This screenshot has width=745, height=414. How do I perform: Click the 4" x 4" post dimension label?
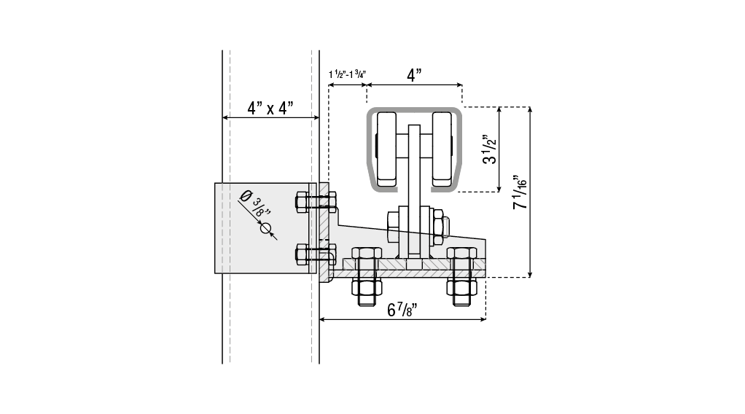(x=270, y=109)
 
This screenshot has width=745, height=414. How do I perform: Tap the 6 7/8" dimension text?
(x=402, y=310)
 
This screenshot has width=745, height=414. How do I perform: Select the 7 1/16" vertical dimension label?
(x=520, y=192)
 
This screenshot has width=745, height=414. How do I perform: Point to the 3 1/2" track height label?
(x=489, y=149)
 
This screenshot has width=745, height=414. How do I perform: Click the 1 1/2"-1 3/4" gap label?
(x=347, y=74)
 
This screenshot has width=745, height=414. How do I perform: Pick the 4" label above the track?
(x=414, y=75)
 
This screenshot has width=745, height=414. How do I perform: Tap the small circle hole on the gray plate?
(x=265, y=228)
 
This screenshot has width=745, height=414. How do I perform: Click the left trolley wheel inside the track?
(x=386, y=149)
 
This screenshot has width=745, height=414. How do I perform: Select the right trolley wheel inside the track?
(x=442, y=149)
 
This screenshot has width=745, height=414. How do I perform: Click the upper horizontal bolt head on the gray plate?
(x=302, y=202)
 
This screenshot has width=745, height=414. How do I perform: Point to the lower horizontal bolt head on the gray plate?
(x=302, y=254)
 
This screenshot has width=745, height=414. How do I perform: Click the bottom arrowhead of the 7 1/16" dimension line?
(x=530, y=274)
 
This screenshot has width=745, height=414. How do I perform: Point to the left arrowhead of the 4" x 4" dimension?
(x=226, y=117)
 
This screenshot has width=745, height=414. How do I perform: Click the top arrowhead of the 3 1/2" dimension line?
(x=499, y=111)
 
